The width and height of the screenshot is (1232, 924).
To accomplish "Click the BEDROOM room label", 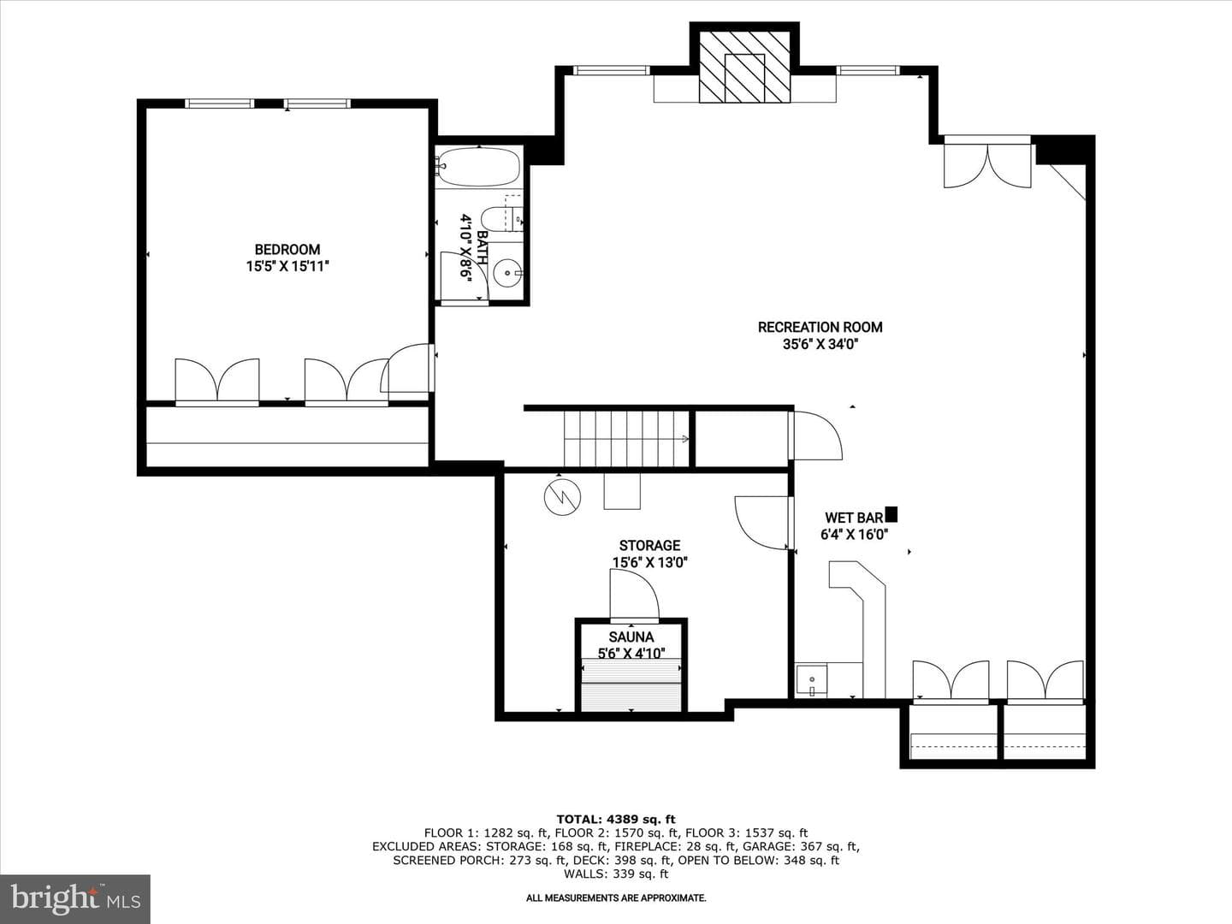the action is pyautogui.click(x=287, y=250).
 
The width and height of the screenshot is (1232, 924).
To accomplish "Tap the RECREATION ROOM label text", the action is pyautogui.click(x=820, y=327).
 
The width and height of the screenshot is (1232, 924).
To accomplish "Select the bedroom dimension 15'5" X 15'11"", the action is pyautogui.click(x=287, y=266).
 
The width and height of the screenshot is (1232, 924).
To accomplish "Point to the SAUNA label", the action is pyautogui.click(x=631, y=637).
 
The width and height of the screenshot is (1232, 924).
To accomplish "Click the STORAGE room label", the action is pyautogui.click(x=650, y=545).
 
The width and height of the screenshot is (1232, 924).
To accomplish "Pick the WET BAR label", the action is pyautogui.click(x=854, y=518).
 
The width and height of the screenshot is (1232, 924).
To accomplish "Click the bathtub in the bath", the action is pyautogui.click(x=479, y=167).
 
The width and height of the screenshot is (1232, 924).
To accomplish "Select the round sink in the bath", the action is pyautogui.click(x=508, y=273).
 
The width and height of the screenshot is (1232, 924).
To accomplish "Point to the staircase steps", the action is pyautogui.click(x=626, y=439).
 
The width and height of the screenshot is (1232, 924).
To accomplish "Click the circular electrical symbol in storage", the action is pyautogui.click(x=562, y=497).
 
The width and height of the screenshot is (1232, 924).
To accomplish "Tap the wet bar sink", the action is pyautogui.click(x=812, y=680).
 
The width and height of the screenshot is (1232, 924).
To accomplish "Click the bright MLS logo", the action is pyautogui.click(x=75, y=899).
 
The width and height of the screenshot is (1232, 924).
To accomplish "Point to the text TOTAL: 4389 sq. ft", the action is pyautogui.click(x=616, y=820).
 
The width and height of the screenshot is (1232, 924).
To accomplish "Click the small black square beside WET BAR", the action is pyautogui.click(x=891, y=514).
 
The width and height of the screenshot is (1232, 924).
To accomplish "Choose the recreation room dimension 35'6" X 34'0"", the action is pyautogui.click(x=820, y=344).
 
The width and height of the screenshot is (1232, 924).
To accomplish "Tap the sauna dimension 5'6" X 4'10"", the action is pyautogui.click(x=631, y=654).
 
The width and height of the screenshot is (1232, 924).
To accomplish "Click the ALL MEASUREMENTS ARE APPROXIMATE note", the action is pyautogui.click(x=616, y=898).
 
